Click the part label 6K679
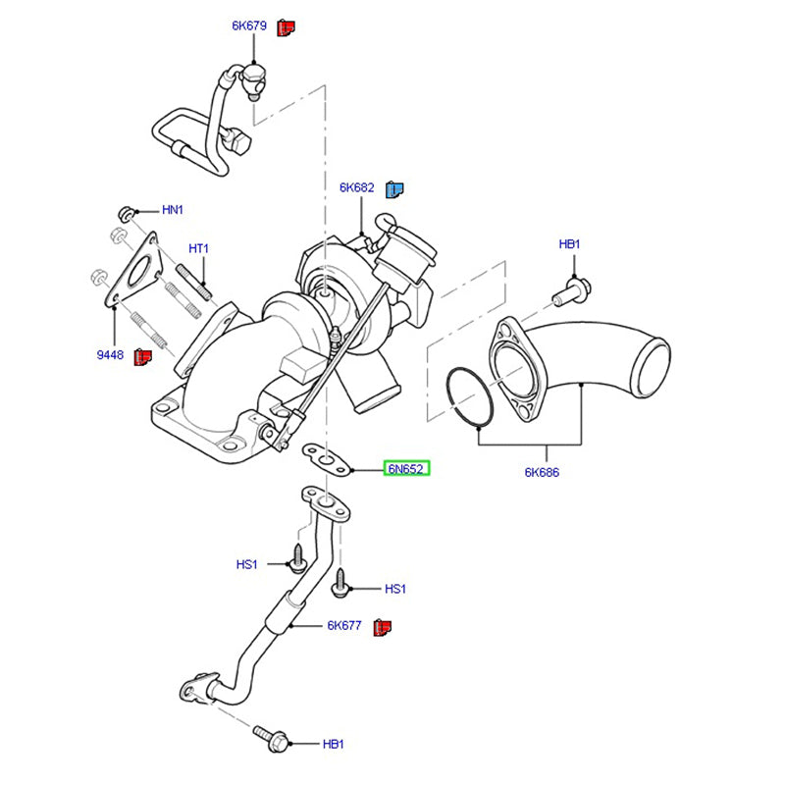click(x=249, y=26)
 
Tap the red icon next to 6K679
click(x=286, y=26)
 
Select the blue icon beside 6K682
click(x=394, y=188)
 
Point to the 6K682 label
click(x=358, y=187)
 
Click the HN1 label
click(x=173, y=210)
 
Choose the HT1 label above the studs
click(x=199, y=249)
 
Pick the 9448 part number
click(x=110, y=354)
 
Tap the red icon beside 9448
click(x=141, y=355)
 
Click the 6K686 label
click(x=541, y=472)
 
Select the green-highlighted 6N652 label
click(x=405, y=469)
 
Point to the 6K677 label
click(x=344, y=625)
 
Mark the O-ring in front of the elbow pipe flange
click(x=470, y=397)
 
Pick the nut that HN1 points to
click(x=127, y=211)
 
